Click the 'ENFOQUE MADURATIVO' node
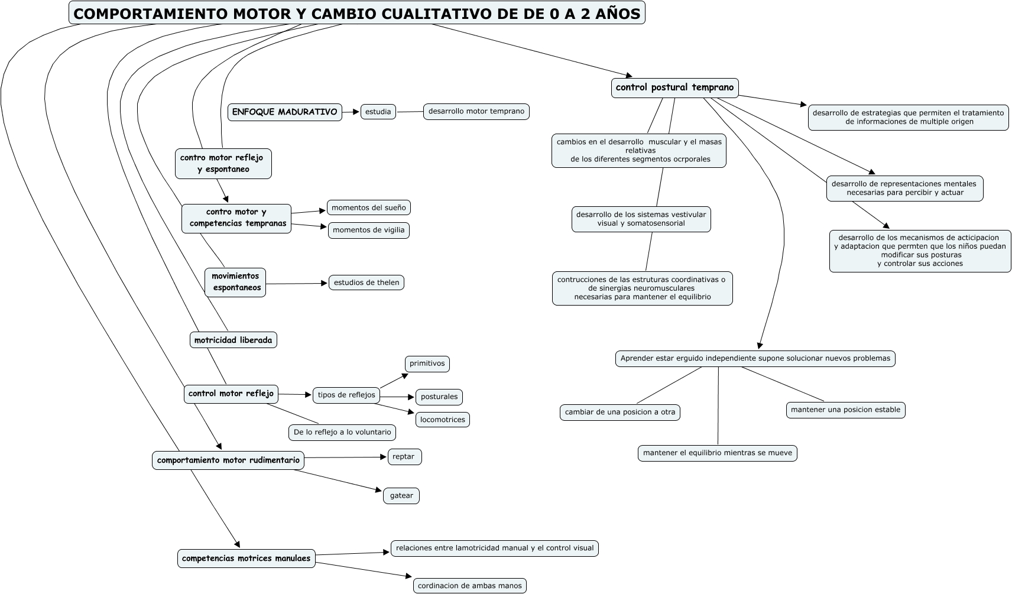click(x=284, y=112)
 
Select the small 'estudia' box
click(x=378, y=112)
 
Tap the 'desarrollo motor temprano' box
click(x=476, y=111)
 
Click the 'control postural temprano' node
click(x=674, y=87)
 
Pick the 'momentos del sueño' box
click(x=368, y=207)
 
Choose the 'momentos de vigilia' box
click(x=368, y=230)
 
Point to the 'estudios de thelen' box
click(x=366, y=283)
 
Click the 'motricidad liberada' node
click(x=233, y=340)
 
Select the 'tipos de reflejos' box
click(x=346, y=395)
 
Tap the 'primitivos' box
click(x=427, y=363)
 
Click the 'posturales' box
click(x=439, y=397)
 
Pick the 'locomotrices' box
click(x=442, y=420)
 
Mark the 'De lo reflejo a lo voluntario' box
click(x=342, y=432)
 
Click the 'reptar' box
click(x=404, y=456)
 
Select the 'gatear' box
click(x=401, y=495)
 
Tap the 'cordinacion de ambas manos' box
click(x=469, y=586)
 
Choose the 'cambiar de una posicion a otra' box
click(x=619, y=412)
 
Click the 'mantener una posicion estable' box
click(x=845, y=410)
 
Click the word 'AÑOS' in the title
click(x=618, y=14)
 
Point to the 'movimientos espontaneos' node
click(x=235, y=282)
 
